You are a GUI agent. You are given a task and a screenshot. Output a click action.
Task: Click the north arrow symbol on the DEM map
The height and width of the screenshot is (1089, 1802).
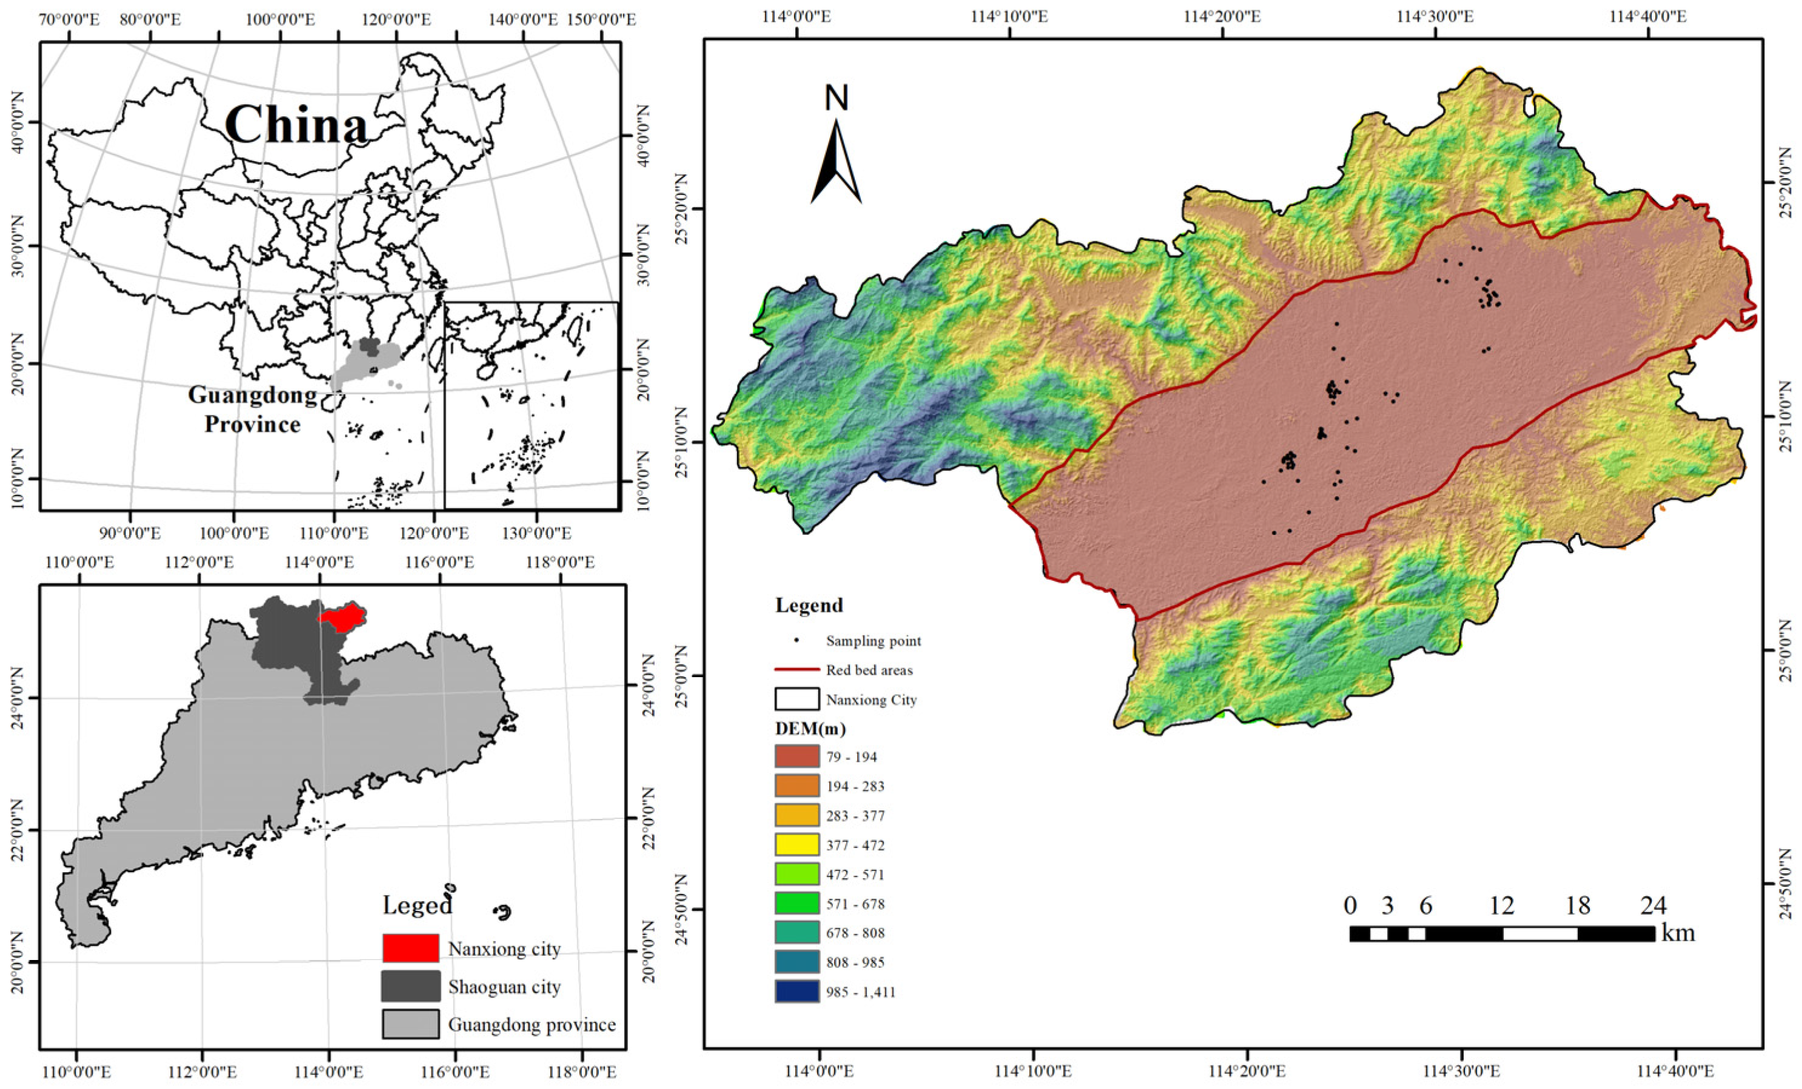coord(836,161)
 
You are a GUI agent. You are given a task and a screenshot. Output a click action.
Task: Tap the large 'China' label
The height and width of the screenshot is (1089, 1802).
coord(296,125)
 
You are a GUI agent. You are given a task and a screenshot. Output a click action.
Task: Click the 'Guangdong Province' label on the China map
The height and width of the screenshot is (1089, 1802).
coord(252,409)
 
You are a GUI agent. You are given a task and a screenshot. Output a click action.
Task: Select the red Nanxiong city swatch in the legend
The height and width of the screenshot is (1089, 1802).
coord(410,948)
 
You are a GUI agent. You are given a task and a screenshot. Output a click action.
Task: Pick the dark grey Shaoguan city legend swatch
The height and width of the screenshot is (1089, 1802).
coord(410,986)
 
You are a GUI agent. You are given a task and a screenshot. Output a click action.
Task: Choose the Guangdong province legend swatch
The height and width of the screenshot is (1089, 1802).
coord(410,1024)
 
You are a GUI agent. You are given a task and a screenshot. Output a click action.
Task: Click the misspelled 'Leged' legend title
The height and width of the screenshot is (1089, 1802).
coord(417,905)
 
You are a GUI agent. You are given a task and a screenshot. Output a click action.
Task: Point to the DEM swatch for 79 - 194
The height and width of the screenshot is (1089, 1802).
coord(796,756)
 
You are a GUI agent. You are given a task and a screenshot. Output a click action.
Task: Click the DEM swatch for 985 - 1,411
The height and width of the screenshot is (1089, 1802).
coord(796,992)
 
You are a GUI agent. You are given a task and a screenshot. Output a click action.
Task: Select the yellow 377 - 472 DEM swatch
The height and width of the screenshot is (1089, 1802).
coord(796,845)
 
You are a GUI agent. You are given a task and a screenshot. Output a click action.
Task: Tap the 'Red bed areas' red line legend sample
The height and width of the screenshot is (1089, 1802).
coord(796,669)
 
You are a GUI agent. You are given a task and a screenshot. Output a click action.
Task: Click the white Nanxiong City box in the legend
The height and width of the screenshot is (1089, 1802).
coord(796,699)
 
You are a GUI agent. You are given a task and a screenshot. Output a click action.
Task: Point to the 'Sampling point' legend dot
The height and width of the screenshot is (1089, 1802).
coord(796,640)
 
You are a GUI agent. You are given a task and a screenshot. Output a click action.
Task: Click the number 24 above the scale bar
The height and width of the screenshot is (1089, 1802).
coord(1653,906)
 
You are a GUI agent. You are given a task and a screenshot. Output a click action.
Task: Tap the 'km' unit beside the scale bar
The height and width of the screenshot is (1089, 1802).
coord(1678,933)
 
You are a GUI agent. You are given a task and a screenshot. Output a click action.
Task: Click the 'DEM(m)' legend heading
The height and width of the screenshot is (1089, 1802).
coord(808,728)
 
